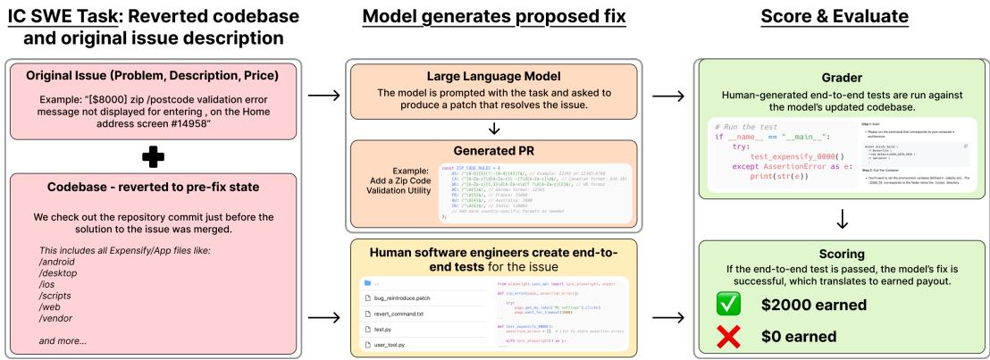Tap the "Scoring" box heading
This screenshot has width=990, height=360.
coord(840,253)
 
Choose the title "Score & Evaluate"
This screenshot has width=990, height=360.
coord(840,17)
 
